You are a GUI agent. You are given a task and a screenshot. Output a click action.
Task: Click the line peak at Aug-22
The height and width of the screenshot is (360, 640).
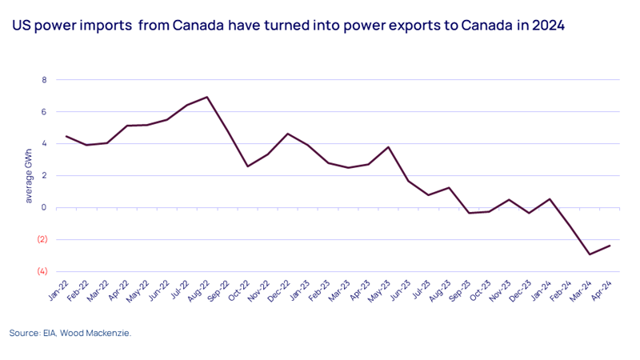pyautogui.click(x=207, y=97)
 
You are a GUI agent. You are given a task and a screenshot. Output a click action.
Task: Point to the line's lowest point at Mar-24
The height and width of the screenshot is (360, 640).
pyautogui.click(x=590, y=254)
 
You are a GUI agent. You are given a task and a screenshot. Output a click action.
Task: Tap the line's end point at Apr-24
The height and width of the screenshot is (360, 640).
pyautogui.click(x=610, y=246)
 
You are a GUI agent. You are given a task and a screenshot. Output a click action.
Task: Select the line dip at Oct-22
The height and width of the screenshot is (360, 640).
pyautogui.click(x=248, y=166)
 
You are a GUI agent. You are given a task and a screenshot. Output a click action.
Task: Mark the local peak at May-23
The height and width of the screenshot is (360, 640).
pyautogui.click(x=389, y=147)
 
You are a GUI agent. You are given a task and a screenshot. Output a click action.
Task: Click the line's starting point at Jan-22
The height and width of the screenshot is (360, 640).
pyautogui.click(x=66, y=136)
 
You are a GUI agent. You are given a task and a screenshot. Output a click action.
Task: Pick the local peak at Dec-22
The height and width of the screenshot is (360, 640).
pyautogui.click(x=288, y=134)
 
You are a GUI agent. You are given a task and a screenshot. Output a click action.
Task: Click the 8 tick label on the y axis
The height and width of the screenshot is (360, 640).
pyautogui.click(x=45, y=80)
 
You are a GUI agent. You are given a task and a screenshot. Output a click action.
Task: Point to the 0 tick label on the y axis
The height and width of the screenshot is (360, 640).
pyautogui.click(x=45, y=207)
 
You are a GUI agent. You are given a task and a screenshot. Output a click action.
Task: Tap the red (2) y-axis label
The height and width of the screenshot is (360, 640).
pyautogui.click(x=42, y=239)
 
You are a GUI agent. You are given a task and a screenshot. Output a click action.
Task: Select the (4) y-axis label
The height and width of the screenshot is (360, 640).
pyautogui.click(x=42, y=271)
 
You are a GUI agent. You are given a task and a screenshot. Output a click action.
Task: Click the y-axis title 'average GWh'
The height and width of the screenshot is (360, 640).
pyautogui.click(x=29, y=176)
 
